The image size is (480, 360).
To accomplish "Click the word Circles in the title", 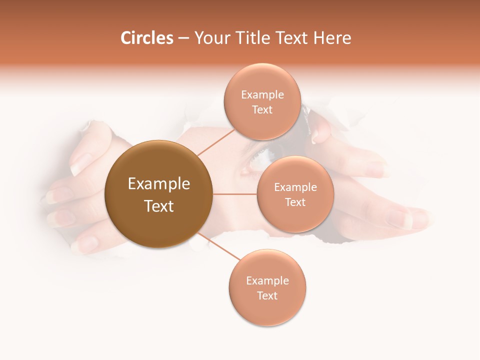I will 146,38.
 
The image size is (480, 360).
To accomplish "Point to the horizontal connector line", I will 235,194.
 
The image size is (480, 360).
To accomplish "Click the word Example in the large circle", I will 158,184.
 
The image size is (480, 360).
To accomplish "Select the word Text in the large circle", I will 158,206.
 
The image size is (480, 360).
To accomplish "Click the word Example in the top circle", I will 262,95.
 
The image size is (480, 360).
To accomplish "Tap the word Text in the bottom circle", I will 267,295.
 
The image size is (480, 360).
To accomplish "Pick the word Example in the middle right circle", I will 295,187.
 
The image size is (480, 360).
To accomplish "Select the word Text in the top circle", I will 262,109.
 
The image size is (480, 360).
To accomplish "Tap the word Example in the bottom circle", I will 267,281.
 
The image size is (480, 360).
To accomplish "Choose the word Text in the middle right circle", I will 295,202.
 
